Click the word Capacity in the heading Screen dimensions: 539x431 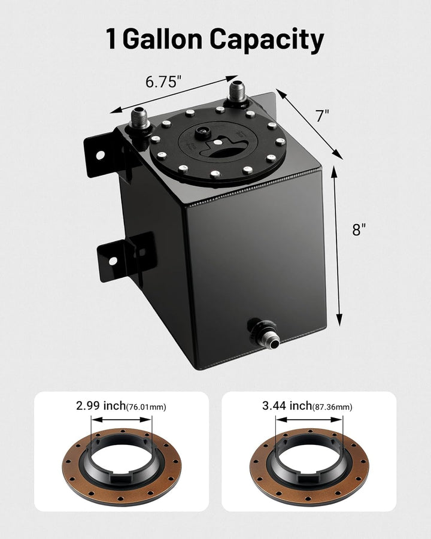click(x=267, y=40)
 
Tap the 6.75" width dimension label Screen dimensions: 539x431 click(x=163, y=81)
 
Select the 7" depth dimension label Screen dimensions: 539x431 click(x=322, y=116)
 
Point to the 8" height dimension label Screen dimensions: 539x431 click(x=359, y=229)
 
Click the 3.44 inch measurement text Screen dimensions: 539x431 click(x=285, y=406)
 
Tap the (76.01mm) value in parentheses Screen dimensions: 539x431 click(x=146, y=407)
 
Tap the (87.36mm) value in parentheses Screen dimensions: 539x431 click(x=332, y=407)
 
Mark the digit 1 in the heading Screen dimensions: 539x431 click(x=111, y=40)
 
